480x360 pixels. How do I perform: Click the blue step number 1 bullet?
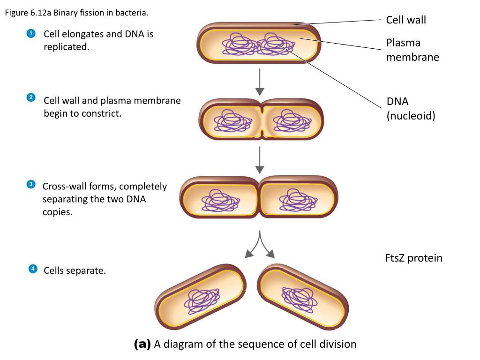[x=31, y=33]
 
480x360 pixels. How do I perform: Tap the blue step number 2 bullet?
[x=31, y=97]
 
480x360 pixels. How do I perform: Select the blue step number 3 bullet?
[x=31, y=184]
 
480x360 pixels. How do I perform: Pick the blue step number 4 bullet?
[x=33, y=269]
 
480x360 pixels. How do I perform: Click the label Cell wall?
[x=406, y=20]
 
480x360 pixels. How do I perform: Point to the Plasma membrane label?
[x=412, y=50]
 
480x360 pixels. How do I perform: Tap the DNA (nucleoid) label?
[x=411, y=108]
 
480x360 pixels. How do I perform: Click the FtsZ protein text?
[x=413, y=258]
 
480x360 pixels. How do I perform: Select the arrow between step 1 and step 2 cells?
[x=260, y=82]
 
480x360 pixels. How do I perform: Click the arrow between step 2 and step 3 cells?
[x=260, y=160]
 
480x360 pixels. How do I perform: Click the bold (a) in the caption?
[x=142, y=344]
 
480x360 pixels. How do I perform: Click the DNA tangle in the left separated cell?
[x=202, y=301]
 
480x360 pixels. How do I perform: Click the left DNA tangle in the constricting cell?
[x=232, y=120]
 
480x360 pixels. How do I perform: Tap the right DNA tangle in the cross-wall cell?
[x=298, y=200]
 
